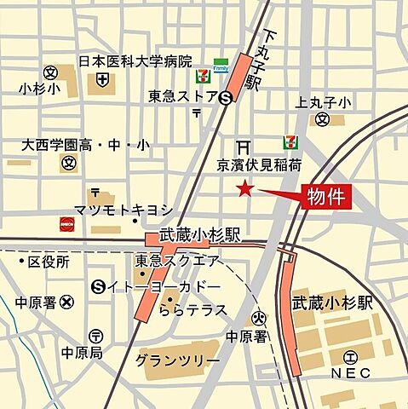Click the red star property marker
[x=245, y=189]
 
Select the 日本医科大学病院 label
[x=135, y=61]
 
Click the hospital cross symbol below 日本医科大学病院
[x=103, y=80]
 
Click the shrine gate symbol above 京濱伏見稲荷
[x=244, y=145]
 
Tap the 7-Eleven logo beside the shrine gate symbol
[x=290, y=143]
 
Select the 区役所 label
[x=48, y=261]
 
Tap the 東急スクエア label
[x=177, y=261]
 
